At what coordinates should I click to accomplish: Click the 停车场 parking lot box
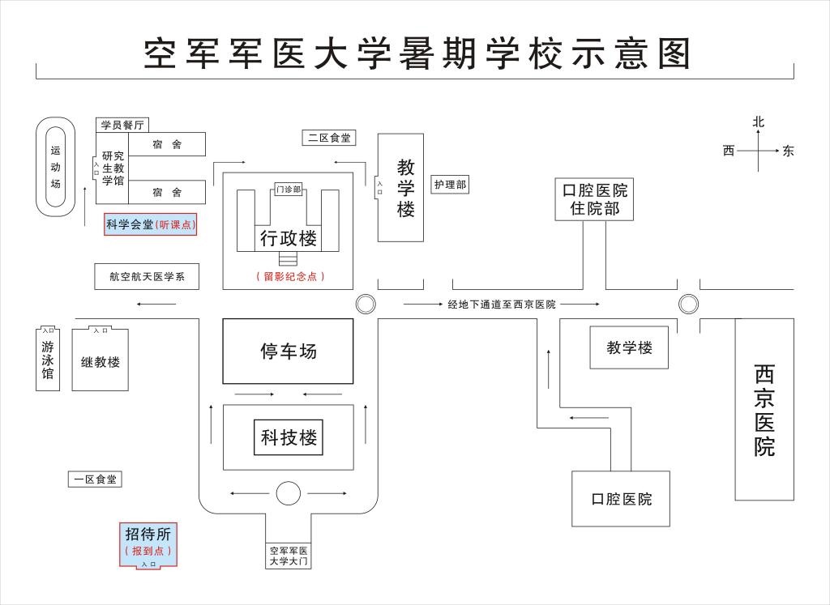tap(288, 351)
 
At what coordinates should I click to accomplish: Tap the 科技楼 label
tap(288, 438)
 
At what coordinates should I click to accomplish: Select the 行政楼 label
tap(288, 238)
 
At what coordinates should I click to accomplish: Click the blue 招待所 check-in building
tap(148, 543)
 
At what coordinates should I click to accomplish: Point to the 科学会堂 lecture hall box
tap(150, 224)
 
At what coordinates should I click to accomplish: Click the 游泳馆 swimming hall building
tap(48, 360)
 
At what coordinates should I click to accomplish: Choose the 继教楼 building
tap(100, 361)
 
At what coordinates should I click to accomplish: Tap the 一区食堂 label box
tap(95, 479)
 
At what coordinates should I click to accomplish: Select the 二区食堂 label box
tap(328, 138)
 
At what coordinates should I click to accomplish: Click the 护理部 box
tap(450, 185)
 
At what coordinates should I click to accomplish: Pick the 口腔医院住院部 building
tap(594, 199)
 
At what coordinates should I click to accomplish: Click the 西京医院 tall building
tap(764, 409)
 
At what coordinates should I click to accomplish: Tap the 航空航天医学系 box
tap(147, 276)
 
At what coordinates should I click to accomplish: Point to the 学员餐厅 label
tap(122, 125)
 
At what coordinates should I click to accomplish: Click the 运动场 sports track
tap(56, 167)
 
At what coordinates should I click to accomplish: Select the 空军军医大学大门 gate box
tap(288, 556)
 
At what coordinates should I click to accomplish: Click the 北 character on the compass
tap(758, 122)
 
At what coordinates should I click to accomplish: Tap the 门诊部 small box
tap(289, 190)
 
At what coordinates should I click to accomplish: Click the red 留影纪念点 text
tap(289, 276)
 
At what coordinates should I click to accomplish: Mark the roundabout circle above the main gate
tap(288, 492)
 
